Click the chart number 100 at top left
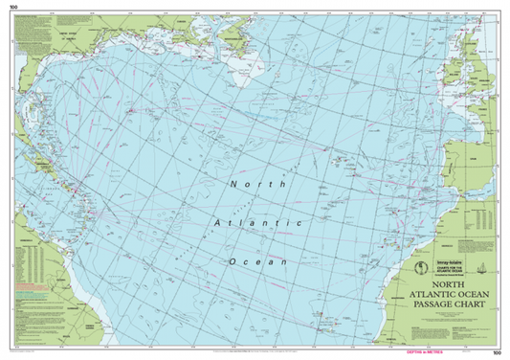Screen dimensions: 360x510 13,6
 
